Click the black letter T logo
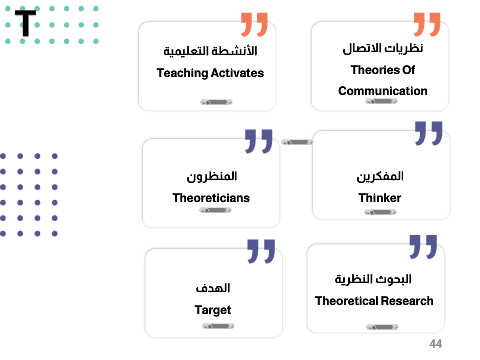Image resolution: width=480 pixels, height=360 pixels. point(25,23)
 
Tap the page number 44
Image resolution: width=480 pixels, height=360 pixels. point(435,344)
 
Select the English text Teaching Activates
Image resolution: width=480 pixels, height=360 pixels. point(210,73)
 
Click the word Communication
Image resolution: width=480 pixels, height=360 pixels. point(383,91)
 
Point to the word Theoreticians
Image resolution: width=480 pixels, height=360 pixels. point(211,198)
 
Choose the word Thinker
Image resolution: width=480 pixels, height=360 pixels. point(380,198)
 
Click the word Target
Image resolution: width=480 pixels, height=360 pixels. point(213,310)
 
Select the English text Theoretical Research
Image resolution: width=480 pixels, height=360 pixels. point(374,301)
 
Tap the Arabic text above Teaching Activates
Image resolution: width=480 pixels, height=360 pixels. point(210,51)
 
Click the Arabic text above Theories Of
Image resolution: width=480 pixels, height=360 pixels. point(383,48)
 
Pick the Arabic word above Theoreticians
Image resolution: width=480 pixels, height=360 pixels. point(212,176)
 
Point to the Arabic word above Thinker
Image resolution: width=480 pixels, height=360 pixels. point(380,176)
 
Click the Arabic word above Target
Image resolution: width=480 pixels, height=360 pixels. point(213,288)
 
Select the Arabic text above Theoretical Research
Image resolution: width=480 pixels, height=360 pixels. point(373,279)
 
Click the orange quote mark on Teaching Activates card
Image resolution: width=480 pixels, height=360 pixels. point(254,24)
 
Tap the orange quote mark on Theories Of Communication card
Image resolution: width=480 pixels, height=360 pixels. point(427,24)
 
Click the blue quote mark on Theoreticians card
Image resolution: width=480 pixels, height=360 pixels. point(258,141)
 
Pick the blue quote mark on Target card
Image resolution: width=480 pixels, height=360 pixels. point(261,251)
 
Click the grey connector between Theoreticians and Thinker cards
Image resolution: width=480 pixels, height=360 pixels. point(297,142)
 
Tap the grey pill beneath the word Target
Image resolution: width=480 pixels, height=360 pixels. point(218,326)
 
